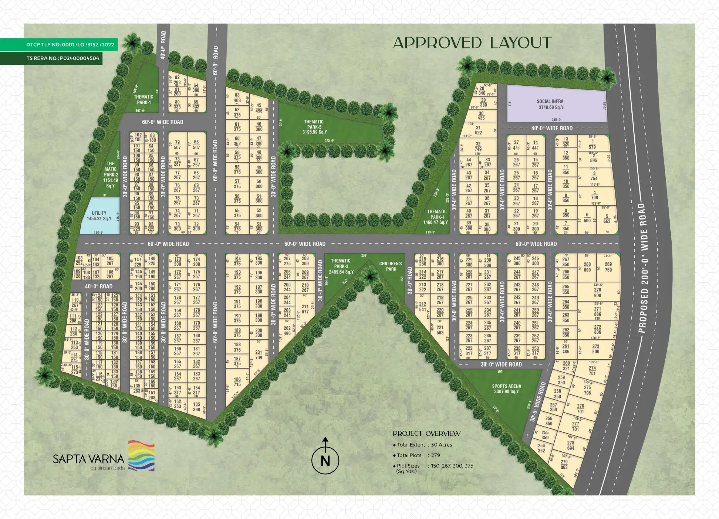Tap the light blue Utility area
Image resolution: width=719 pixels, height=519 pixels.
point(99,216)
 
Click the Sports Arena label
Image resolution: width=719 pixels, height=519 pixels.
point(506,389)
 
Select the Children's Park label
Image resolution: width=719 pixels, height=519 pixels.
point(391,266)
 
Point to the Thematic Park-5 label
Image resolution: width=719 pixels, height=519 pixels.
point(314,127)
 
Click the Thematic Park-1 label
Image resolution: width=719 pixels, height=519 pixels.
point(143,99)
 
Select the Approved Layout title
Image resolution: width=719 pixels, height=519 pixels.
point(472,43)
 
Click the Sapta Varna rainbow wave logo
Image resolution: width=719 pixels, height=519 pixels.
point(141,455)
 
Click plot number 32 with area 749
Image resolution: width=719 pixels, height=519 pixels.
point(478,147)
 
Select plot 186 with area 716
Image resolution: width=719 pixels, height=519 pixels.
point(237,382)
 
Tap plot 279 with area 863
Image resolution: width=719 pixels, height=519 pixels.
point(564,464)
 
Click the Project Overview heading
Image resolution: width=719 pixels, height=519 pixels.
point(426,434)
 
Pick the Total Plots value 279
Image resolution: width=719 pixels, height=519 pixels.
point(435,455)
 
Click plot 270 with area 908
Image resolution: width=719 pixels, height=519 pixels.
point(597,293)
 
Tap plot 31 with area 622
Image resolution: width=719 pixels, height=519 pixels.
point(478,130)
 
